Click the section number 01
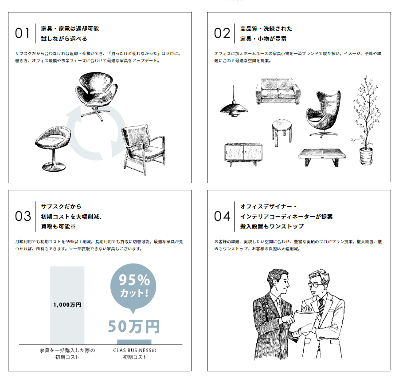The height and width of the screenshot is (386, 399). pos(22,33)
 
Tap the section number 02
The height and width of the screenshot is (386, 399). pos(222,33)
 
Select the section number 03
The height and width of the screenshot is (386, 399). pos(23,216)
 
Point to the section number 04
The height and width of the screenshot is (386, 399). pos(222,216)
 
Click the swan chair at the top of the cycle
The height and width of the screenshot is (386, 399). pos(97,95)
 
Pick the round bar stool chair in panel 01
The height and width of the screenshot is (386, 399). pos(53,148)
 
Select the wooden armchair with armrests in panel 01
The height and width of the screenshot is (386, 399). pos(143,149)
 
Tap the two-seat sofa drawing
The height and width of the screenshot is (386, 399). pos(278,91)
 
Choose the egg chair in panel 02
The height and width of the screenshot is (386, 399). pos(323,114)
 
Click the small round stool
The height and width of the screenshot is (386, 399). pos(282,132)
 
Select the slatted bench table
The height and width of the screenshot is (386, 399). pos(322,158)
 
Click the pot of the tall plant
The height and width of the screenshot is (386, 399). pos(366,156)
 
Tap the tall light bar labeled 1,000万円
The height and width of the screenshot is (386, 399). pos(67,305)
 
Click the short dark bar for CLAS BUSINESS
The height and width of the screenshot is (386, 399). pos(134,342)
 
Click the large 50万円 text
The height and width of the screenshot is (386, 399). pos(134,327)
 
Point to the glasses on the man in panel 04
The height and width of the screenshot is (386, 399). pos(316,285)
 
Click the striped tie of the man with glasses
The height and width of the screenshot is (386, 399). pos(321,307)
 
